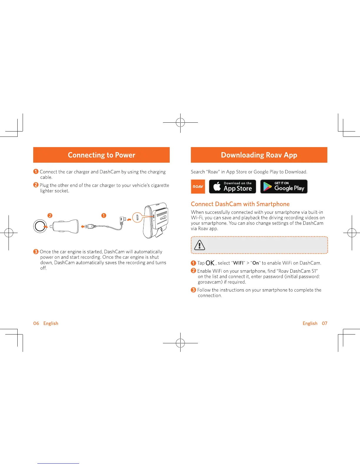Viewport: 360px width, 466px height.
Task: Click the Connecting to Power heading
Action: coord(101,155)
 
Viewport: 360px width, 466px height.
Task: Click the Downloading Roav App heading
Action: coord(259,155)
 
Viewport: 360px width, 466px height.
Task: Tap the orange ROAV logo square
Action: coord(198,187)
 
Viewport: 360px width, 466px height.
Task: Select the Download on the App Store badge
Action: coord(232,187)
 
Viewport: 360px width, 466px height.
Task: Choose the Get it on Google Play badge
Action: coord(284,187)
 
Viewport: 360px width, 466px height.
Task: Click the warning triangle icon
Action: coord(199,245)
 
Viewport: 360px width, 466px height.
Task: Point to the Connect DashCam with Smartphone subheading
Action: coord(240,204)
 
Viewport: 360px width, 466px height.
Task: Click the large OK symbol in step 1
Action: coord(210,263)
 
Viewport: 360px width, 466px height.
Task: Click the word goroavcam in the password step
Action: coord(210,282)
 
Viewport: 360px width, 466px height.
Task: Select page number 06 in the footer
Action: coord(36,323)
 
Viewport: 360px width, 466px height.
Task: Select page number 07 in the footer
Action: coord(324,323)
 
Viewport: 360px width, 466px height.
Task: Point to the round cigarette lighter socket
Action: coord(40,226)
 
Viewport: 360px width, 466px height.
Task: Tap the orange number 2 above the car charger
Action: coord(50,216)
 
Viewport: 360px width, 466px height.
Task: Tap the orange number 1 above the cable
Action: coord(104,216)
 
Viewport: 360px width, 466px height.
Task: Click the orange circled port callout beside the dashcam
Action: coord(137,218)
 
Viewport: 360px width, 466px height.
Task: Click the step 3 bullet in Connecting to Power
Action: coord(36,252)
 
